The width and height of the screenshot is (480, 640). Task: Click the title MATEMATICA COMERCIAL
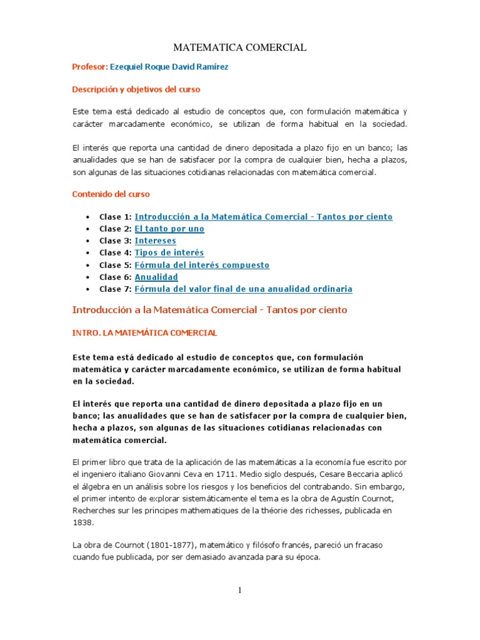(239, 47)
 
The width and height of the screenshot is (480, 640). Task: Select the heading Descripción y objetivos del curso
(136, 89)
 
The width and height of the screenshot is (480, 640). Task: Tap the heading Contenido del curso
(111, 194)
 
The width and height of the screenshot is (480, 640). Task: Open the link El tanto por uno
(169, 229)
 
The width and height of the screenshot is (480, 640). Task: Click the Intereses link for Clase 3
(155, 241)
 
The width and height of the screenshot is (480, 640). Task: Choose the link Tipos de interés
(169, 252)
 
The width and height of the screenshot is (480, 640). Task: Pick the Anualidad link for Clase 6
(156, 277)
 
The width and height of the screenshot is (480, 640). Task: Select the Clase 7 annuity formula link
(243, 289)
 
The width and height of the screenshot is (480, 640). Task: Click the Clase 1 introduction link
(263, 217)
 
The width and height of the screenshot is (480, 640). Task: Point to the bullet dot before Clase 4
(86, 253)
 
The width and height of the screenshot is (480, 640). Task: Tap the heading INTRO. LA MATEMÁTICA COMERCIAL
(145, 332)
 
